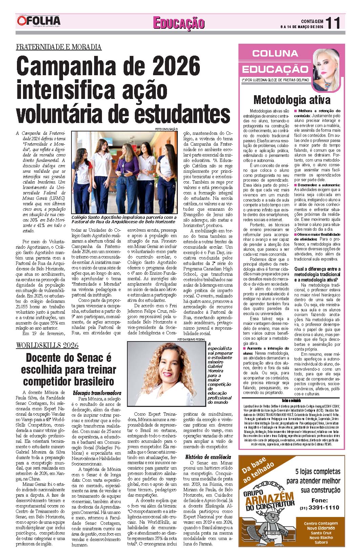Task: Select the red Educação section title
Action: (x=179, y=23)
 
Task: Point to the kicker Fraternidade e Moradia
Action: (x=59, y=47)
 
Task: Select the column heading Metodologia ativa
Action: (x=292, y=100)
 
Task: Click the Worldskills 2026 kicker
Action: (x=47, y=345)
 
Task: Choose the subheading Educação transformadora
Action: (x=97, y=393)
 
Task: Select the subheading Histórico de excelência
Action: (x=208, y=457)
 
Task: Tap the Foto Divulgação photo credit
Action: (x=166, y=129)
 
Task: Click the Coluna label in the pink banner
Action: (x=275, y=53)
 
